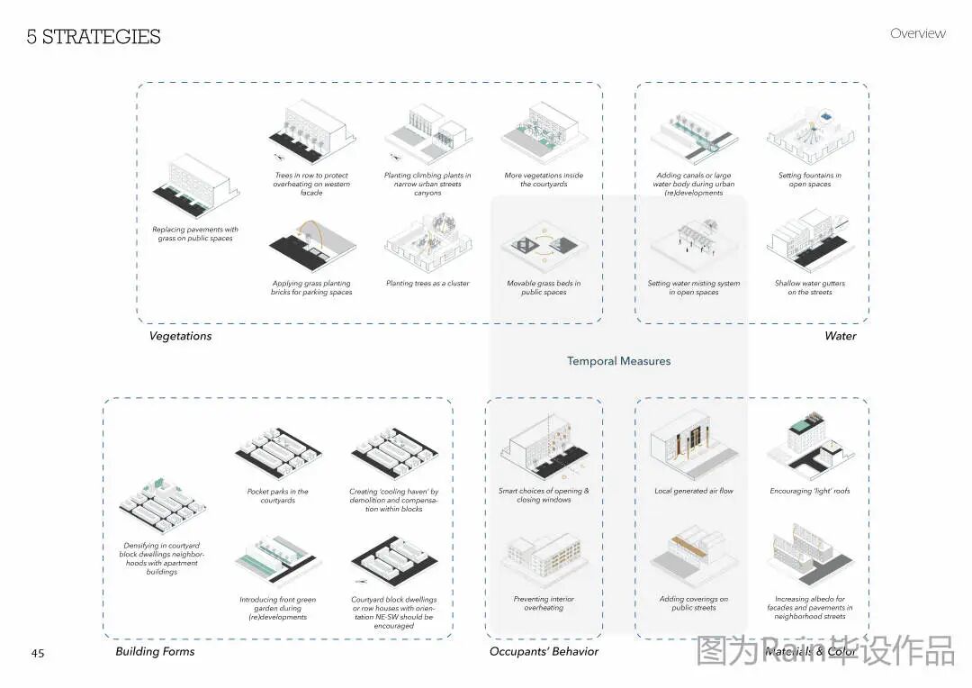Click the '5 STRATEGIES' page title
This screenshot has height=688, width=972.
(94, 37)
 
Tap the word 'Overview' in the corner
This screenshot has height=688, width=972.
(917, 33)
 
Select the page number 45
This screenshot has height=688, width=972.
(38, 653)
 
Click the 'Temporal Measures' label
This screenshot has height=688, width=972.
(618, 361)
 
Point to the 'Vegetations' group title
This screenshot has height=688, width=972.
(181, 336)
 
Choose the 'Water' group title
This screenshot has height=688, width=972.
(840, 336)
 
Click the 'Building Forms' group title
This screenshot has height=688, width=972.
(155, 651)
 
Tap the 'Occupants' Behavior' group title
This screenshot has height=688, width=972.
(544, 651)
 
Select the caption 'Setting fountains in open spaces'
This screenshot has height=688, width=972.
(809, 180)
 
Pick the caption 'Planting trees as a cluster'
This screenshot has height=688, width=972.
(427, 284)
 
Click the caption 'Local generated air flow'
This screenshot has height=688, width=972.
(693, 492)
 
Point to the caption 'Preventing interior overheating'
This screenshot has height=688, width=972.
(544, 603)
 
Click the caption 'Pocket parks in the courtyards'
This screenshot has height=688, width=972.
(277, 496)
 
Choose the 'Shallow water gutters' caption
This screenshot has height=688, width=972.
(809, 287)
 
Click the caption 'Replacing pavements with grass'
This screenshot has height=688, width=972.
(194, 234)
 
